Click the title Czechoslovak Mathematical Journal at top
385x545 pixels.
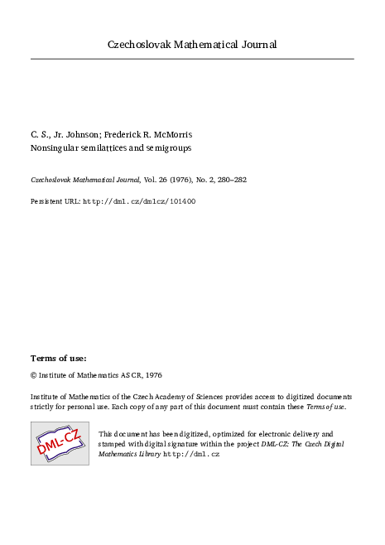[x=192, y=44]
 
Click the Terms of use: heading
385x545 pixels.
[x=58, y=358]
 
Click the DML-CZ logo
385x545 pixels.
[x=60, y=442]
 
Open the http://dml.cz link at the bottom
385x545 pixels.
[x=191, y=455]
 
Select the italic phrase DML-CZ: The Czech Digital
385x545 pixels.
[x=297, y=444]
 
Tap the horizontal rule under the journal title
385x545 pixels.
[x=192, y=59]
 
